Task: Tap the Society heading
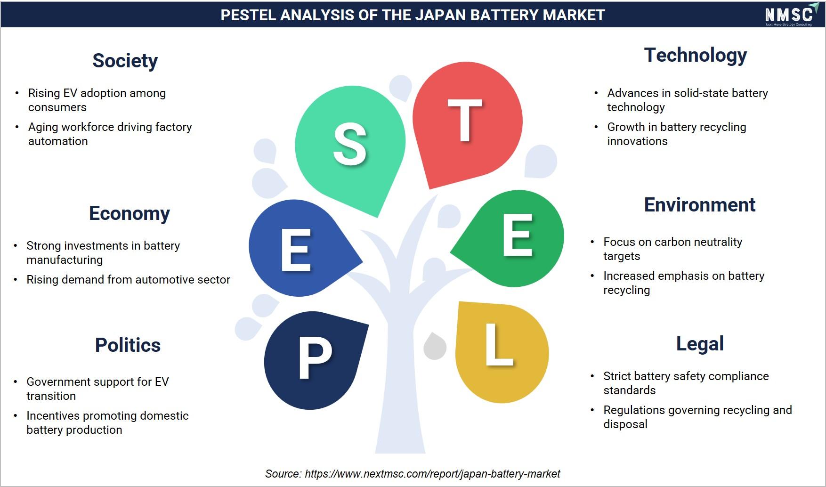pyautogui.click(x=125, y=61)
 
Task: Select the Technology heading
pyautogui.click(x=695, y=56)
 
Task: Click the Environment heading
pyautogui.click(x=699, y=205)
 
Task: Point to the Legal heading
pyautogui.click(x=700, y=344)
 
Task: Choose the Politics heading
pyautogui.click(x=128, y=345)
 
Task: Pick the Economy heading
pyautogui.click(x=129, y=214)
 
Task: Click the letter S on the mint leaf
pyautogui.click(x=349, y=144)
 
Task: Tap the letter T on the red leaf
pyautogui.click(x=465, y=121)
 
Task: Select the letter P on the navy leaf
pyautogui.click(x=315, y=359)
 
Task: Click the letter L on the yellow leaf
pyautogui.click(x=499, y=344)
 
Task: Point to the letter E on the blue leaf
pyautogui.click(x=296, y=250)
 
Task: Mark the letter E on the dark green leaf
pyautogui.click(x=517, y=235)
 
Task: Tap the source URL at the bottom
pyautogui.click(x=432, y=474)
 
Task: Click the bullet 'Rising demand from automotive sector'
pyautogui.click(x=128, y=280)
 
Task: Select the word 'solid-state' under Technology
pyautogui.click(x=700, y=93)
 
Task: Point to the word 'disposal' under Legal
pyautogui.click(x=625, y=425)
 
